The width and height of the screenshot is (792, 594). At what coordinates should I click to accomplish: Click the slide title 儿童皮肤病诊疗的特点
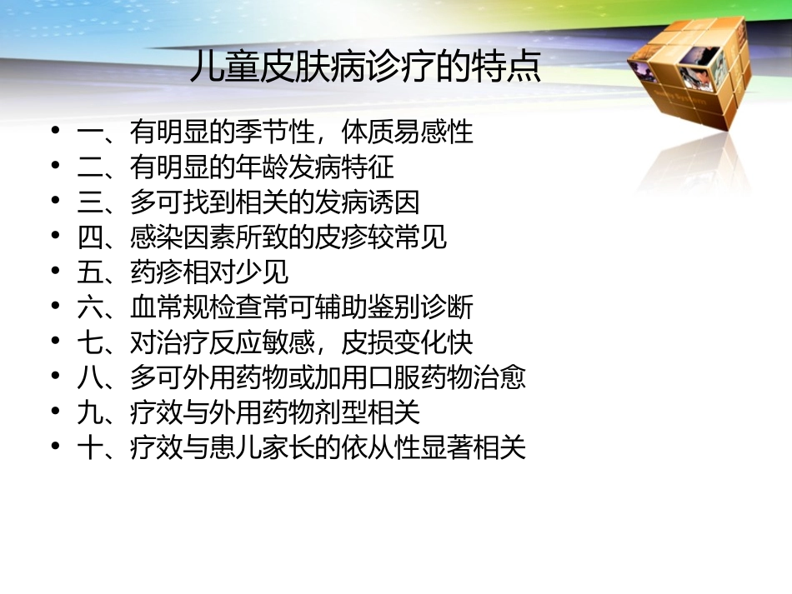tap(365, 67)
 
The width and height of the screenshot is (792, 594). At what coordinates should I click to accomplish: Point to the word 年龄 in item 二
tap(261, 168)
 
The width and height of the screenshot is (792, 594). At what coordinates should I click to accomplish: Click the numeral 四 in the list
tap(89, 238)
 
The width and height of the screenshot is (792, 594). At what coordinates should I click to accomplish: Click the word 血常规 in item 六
tap(169, 308)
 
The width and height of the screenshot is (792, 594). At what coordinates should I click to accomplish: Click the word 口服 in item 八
tap(393, 378)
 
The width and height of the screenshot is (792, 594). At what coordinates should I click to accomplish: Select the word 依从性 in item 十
tap(382, 448)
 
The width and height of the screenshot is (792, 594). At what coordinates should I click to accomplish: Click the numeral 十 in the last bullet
tap(89, 448)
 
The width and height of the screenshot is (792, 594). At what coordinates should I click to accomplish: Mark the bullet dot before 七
tap(56, 342)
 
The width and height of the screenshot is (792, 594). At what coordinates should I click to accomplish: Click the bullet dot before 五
tap(56, 272)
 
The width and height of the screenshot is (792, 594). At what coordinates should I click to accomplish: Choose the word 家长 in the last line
tap(288, 448)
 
